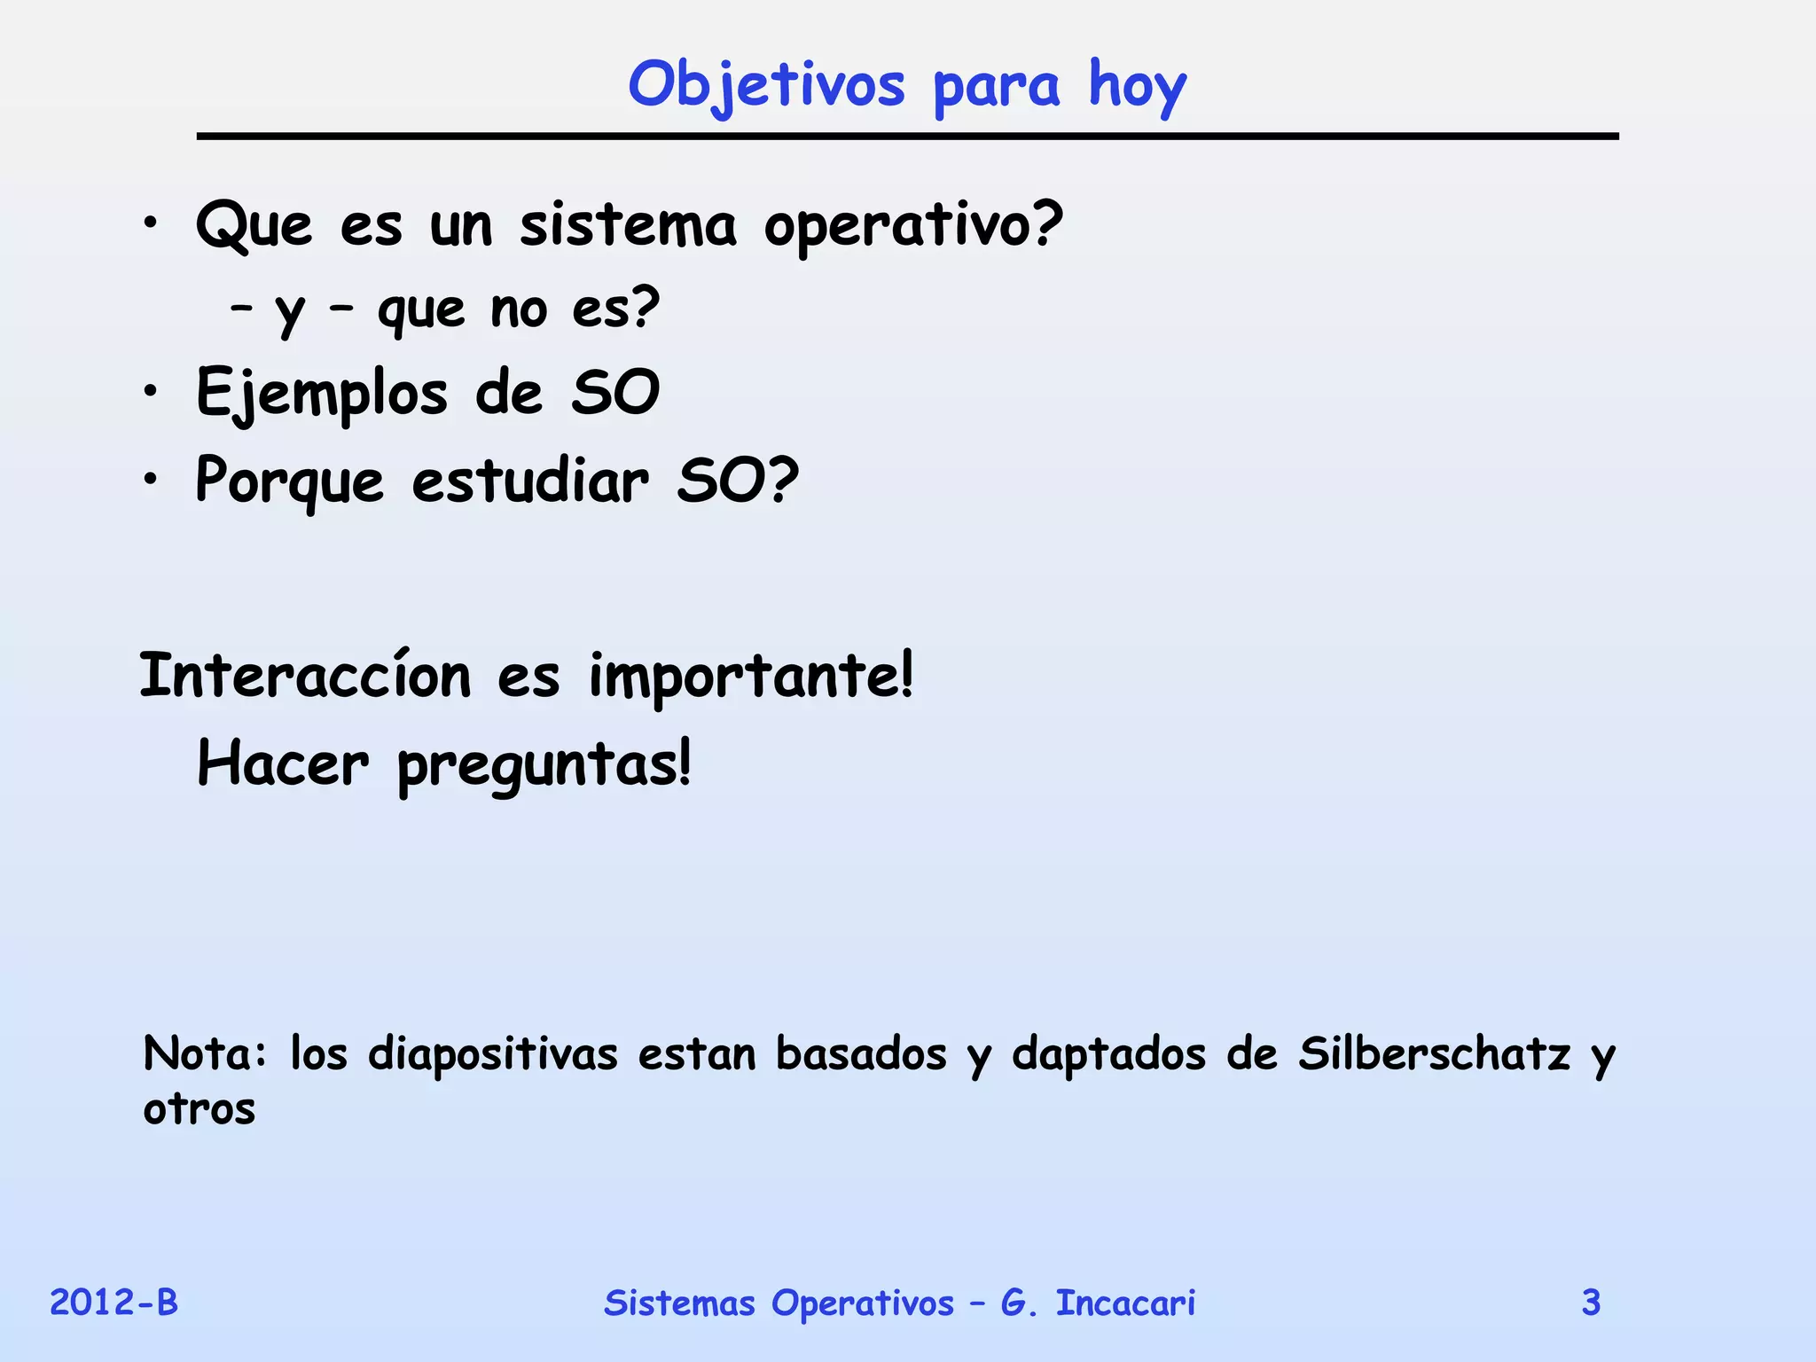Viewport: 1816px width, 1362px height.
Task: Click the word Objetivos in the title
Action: [x=766, y=86]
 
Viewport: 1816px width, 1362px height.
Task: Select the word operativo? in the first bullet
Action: [x=913, y=227]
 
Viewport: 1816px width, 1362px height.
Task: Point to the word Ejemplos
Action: [x=322, y=393]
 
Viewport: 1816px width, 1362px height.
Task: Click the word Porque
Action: [x=290, y=481]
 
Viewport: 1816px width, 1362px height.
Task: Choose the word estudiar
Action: [x=530, y=481]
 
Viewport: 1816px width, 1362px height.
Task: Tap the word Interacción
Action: [x=305, y=676]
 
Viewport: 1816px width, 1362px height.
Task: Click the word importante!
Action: [x=751, y=677]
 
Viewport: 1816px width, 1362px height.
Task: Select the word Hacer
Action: [x=282, y=764]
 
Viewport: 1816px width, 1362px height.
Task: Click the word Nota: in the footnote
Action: [x=205, y=1053]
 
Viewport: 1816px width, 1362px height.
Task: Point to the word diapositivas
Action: [x=493, y=1054]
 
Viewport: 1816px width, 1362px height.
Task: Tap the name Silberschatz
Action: [x=1434, y=1053]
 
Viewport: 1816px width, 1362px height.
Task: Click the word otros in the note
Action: [x=200, y=1108]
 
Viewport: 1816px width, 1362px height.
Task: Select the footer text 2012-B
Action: [x=113, y=1303]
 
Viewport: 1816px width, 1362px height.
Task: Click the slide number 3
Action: [x=1591, y=1303]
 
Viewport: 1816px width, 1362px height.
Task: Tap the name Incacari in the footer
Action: [x=1125, y=1303]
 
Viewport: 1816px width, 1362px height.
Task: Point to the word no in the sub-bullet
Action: [x=519, y=309]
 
